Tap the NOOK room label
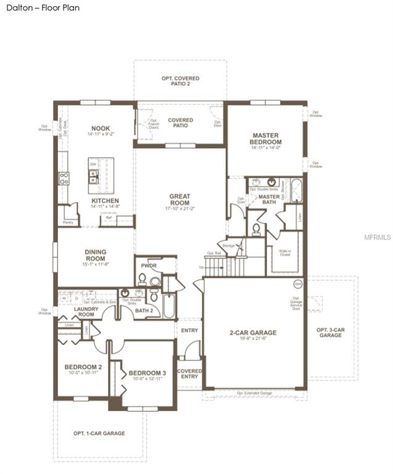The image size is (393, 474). tap(101, 128)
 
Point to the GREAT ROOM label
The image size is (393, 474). tap(180, 200)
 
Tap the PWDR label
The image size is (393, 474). tap(148, 266)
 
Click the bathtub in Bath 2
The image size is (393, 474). tap(168, 304)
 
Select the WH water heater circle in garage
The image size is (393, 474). tap(297, 285)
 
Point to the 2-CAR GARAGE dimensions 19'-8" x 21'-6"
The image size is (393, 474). tap(253, 339)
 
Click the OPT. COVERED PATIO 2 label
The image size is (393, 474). tap(180, 81)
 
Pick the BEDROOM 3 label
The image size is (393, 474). tap(147, 373)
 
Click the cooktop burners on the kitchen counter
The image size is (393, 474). tap(64, 178)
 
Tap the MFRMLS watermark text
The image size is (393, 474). tap(378, 236)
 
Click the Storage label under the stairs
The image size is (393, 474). tap(229, 246)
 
